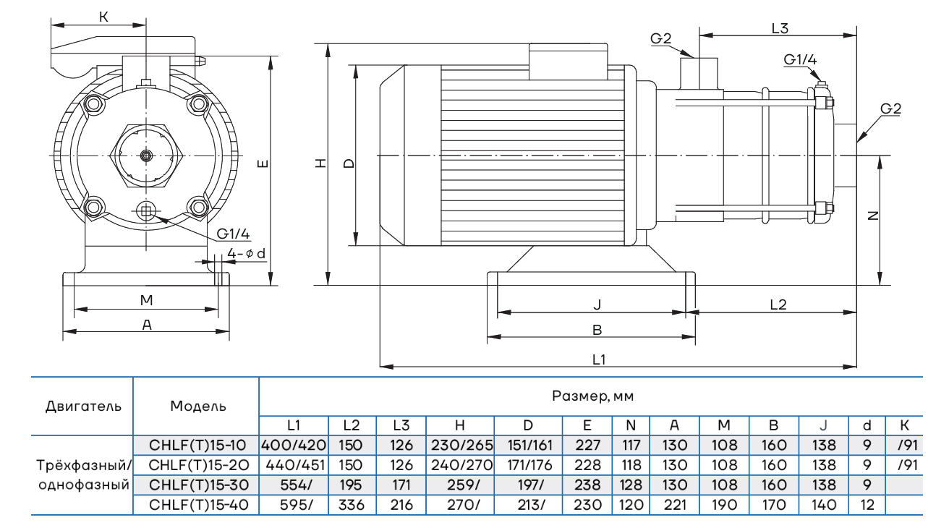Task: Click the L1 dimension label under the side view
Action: point(599,359)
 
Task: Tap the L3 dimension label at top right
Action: point(779,29)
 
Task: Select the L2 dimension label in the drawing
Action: point(778,305)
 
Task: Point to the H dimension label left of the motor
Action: point(320,163)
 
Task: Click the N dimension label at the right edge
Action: point(872,216)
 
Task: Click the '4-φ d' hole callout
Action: point(246,253)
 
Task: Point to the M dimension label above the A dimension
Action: point(146,300)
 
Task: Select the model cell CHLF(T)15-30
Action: point(197,485)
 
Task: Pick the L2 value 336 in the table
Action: point(352,505)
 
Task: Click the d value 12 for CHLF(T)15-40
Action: point(868,505)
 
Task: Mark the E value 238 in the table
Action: point(587,485)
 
